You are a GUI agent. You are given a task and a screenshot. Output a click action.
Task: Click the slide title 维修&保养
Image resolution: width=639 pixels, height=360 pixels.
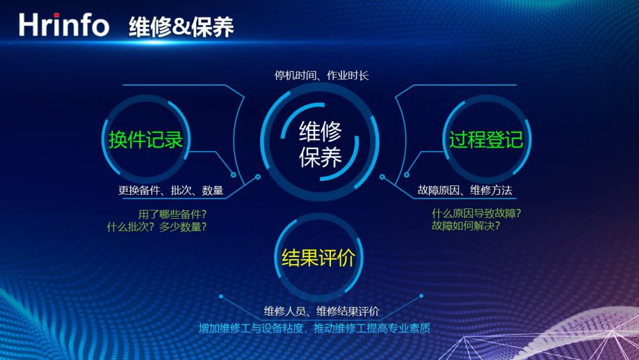[181, 27]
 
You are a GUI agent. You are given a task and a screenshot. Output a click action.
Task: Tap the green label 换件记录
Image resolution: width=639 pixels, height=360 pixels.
[146, 139]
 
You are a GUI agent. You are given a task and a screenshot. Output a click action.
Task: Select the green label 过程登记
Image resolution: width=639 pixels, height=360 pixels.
[486, 139]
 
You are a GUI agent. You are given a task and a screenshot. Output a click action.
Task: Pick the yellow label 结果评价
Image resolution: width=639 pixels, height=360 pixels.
[318, 257]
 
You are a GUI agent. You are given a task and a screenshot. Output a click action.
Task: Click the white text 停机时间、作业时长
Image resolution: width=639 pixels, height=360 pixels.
[321, 75]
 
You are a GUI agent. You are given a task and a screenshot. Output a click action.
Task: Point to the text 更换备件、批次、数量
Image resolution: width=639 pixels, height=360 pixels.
[171, 190]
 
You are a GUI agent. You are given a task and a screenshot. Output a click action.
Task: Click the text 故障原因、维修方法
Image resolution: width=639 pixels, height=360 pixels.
[465, 190]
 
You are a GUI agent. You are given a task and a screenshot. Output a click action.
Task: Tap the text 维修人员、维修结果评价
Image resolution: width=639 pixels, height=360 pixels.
[321, 311]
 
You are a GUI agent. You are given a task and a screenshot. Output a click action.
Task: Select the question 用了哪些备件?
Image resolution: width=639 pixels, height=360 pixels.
[173, 214]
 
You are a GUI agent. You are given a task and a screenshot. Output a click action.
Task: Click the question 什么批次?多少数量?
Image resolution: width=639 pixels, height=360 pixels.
[157, 227]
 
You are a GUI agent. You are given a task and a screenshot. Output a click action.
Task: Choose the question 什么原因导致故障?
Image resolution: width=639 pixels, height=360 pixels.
[477, 213]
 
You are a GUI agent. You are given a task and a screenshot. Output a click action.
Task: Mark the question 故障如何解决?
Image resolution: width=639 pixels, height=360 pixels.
[466, 226]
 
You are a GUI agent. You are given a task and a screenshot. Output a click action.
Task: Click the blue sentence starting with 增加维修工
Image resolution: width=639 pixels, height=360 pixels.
[314, 328]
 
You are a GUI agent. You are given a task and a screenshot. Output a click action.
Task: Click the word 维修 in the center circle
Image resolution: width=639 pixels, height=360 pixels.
[320, 131]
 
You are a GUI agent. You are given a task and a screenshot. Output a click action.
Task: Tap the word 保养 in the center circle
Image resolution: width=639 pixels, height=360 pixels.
[320, 157]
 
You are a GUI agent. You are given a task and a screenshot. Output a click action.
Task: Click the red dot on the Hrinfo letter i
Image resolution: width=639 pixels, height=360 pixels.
[56, 15]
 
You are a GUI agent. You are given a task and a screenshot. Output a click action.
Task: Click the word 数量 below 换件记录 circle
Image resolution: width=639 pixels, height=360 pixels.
[213, 190]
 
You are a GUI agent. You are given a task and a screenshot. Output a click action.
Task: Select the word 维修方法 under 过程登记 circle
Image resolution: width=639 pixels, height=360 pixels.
[491, 190]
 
